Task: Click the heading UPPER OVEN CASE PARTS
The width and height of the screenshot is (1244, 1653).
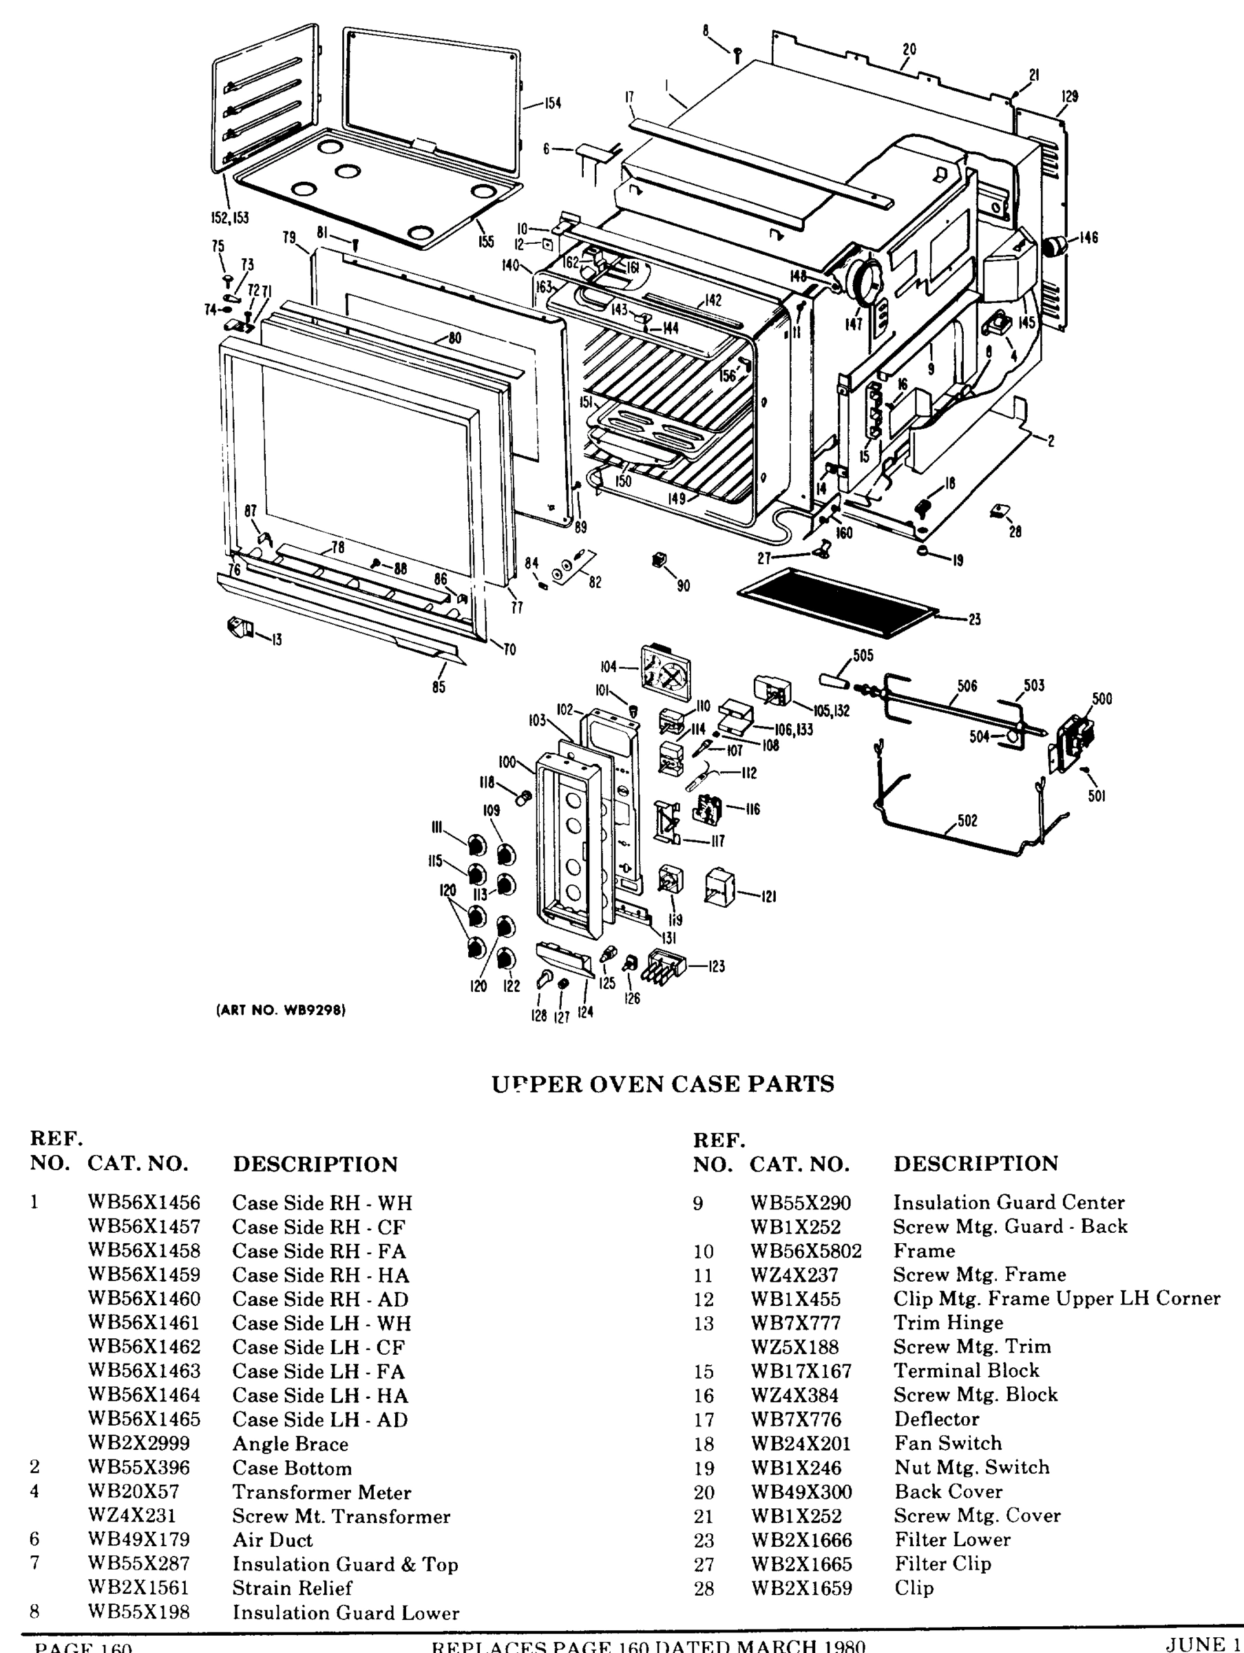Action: pos(663,1083)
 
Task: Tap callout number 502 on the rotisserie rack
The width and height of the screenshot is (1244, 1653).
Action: pos(967,820)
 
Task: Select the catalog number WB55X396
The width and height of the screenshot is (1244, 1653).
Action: pos(139,1467)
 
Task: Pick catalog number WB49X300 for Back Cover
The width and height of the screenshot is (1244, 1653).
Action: pos(800,1492)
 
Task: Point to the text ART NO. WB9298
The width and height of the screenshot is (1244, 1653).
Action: pos(281,1010)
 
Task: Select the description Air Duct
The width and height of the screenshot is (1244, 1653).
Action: pos(272,1539)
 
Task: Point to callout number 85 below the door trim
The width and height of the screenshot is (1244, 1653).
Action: pos(439,686)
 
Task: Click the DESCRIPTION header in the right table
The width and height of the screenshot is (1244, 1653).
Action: pos(975,1163)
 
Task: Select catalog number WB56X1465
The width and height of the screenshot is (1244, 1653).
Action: pos(143,1418)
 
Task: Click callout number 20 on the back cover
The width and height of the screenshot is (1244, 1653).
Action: pos(909,50)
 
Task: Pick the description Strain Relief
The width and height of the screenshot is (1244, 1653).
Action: pos(291,1588)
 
